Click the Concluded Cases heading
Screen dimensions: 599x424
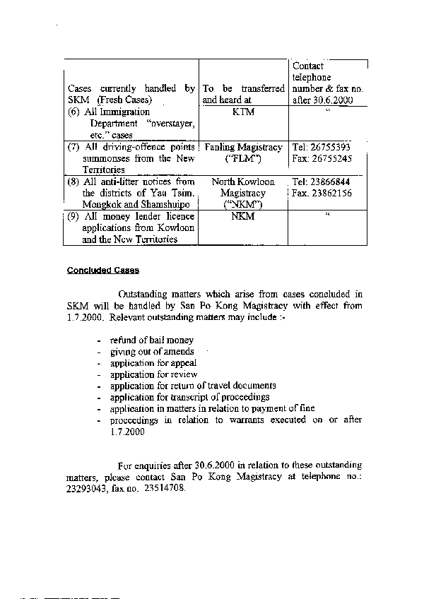(x=103, y=271)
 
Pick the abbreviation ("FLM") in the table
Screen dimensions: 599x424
(x=243, y=158)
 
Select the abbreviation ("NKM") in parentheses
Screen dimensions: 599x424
(x=242, y=203)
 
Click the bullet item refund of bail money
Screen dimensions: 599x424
(x=142, y=340)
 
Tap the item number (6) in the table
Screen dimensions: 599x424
(x=75, y=112)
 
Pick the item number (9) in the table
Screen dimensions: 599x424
(x=75, y=216)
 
